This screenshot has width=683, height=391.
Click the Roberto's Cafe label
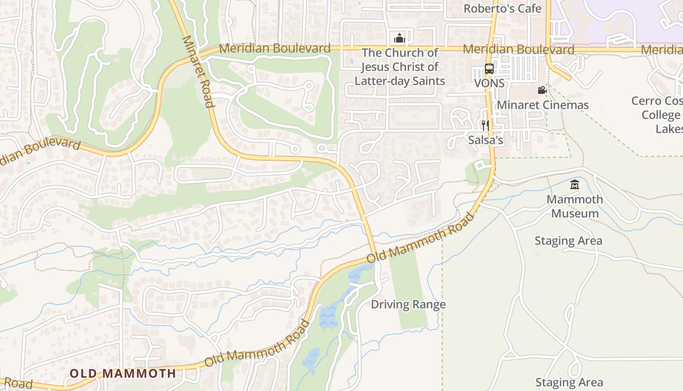pyautogui.click(x=502, y=9)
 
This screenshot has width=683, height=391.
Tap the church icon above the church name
pyautogui.click(x=399, y=38)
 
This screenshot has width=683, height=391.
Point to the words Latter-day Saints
pyautogui.click(x=400, y=81)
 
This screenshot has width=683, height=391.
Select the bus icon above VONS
pyautogui.click(x=489, y=69)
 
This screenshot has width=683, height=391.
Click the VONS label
pyautogui.click(x=489, y=84)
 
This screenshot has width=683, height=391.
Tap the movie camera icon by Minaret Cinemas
pyautogui.click(x=542, y=90)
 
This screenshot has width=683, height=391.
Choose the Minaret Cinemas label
pyautogui.click(x=542, y=105)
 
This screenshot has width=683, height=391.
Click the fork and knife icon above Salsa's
pyautogui.click(x=485, y=126)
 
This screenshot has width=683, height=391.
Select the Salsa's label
pyautogui.click(x=485, y=140)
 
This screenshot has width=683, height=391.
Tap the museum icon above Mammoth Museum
pyautogui.click(x=574, y=185)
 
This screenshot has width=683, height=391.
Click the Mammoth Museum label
pyautogui.click(x=574, y=206)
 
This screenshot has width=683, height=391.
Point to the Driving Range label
pyautogui.click(x=408, y=304)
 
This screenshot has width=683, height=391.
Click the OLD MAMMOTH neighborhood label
pyautogui.click(x=122, y=374)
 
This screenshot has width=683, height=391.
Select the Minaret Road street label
pyautogui.click(x=199, y=71)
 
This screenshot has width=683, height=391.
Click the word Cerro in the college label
pyautogui.click(x=647, y=101)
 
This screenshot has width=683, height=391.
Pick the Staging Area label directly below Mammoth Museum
pyautogui.click(x=568, y=241)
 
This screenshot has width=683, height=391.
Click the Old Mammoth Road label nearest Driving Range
pyautogui.click(x=421, y=238)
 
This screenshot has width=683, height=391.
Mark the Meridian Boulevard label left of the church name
pyautogui.click(x=275, y=48)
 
